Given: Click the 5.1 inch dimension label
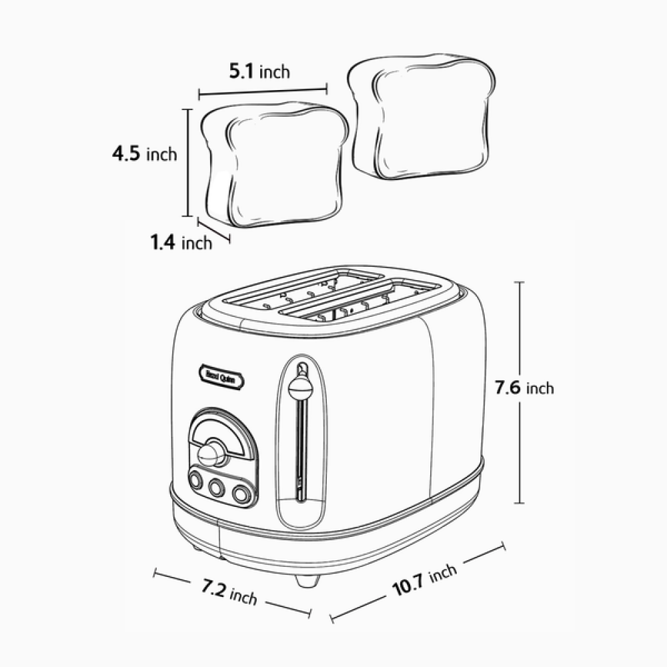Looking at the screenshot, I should (x=259, y=71).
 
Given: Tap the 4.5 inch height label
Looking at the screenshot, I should (x=144, y=154).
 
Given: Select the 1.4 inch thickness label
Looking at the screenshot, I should (x=180, y=242).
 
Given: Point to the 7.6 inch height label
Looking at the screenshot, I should (x=524, y=388).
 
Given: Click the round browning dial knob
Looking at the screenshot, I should (x=211, y=454).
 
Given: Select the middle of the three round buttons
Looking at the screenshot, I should (x=217, y=489).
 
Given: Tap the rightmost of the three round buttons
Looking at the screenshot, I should (x=241, y=494).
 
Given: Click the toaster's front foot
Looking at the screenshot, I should (x=307, y=580).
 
